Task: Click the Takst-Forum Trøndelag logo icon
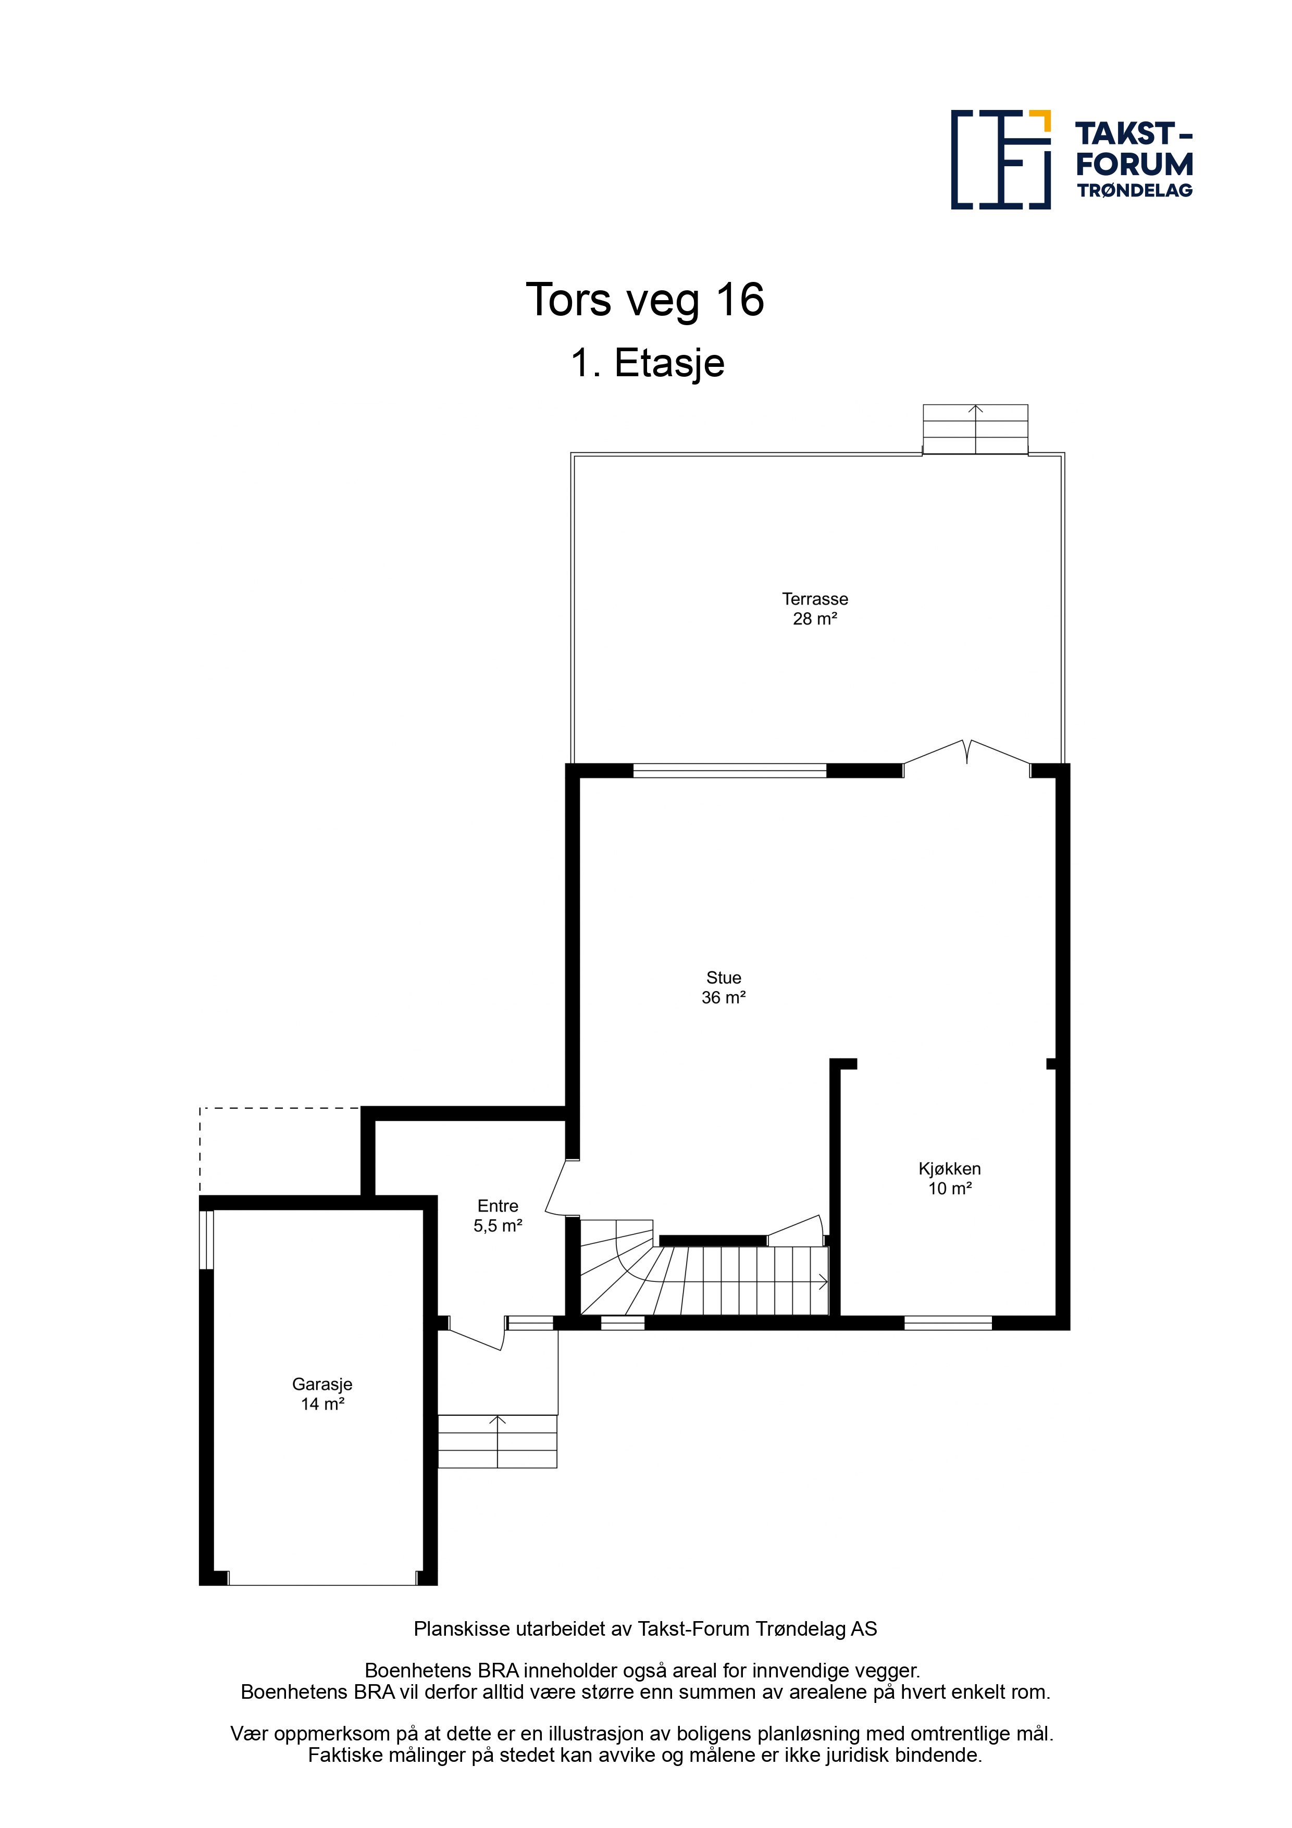1001,159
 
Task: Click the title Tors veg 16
645,300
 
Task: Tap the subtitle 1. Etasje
647,363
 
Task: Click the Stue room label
724,978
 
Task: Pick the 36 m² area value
724,997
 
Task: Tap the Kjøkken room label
950,1169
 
